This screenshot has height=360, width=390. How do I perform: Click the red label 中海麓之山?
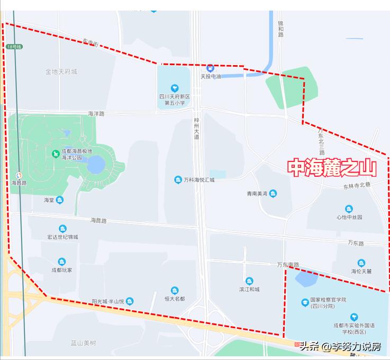point(332,168)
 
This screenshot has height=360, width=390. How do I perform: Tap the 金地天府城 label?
point(61,71)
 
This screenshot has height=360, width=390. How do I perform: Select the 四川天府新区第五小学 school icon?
point(174,88)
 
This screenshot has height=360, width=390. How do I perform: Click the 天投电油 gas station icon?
point(210,68)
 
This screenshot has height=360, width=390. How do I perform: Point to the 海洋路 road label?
point(96,113)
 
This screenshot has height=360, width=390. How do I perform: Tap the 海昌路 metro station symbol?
point(19,175)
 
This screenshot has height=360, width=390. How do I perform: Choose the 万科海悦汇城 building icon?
point(178,180)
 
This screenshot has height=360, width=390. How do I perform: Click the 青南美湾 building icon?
point(273,194)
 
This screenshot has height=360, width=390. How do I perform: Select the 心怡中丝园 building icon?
point(349,209)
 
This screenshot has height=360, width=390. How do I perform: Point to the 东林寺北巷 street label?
point(357,185)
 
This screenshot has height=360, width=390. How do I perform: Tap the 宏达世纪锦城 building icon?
point(62,229)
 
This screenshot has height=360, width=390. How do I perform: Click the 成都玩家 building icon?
point(62,262)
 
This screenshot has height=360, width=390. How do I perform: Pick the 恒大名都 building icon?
point(175,290)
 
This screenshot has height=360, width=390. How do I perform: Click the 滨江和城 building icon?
point(249,281)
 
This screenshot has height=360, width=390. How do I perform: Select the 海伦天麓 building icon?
point(361,263)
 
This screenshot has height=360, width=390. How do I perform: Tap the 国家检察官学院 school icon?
point(305,303)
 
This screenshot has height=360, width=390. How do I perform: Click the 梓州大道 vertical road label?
point(196,129)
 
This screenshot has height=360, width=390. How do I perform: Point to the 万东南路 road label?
point(288,264)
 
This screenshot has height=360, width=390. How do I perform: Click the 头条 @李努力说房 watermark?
point(341,347)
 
